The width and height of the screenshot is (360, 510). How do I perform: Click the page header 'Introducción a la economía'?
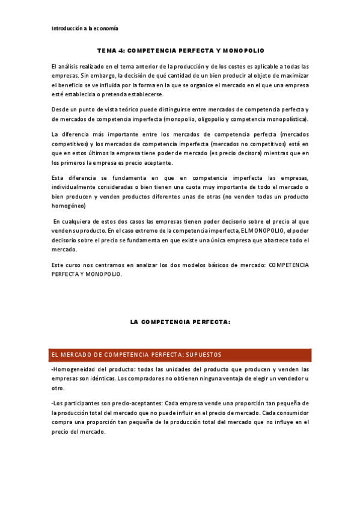coord(85,28)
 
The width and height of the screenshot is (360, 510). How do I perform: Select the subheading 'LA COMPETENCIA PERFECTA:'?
coord(180,322)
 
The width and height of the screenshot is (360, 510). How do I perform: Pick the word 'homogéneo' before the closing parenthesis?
coord(67,206)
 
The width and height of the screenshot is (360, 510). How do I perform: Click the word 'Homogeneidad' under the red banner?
coord(74,369)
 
